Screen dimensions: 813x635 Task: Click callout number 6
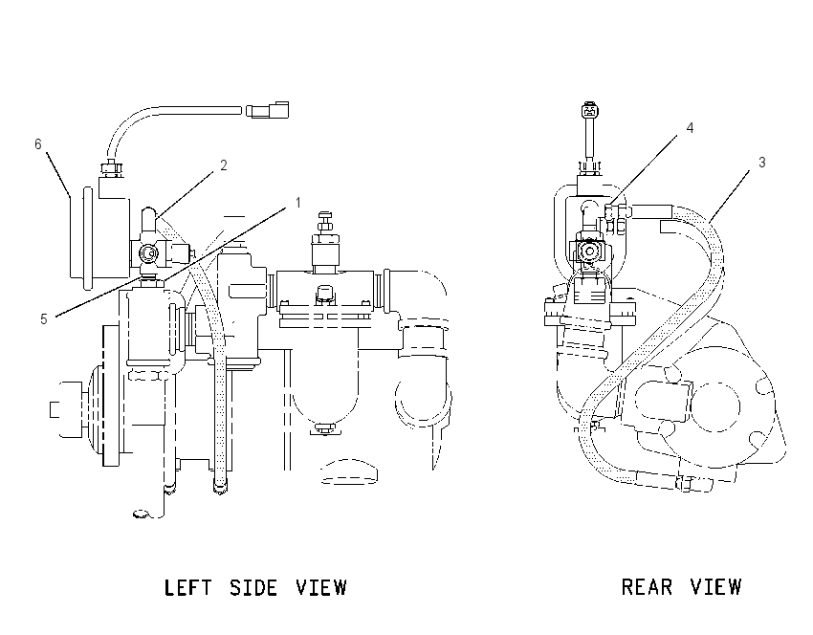coord(38,143)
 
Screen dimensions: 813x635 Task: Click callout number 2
coord(224,165)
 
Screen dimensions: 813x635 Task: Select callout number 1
coord(298,202)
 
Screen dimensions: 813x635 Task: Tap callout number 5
coord(44,318)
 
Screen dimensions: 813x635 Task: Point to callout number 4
coord(691,128)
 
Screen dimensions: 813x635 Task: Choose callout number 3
coord(761,163)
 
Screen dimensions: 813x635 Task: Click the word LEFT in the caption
coord(187,588)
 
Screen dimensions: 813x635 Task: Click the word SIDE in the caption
coord(254,588)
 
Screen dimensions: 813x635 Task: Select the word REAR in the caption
coord(648,587)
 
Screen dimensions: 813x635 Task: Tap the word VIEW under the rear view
coord(716,587)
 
